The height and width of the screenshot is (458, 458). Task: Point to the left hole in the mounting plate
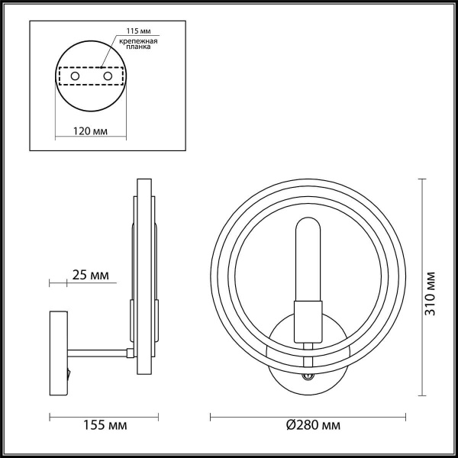(x=75, y=77)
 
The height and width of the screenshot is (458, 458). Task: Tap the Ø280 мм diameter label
(x=309, y=424)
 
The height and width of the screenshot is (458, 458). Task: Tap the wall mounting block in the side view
(x=58, y=347)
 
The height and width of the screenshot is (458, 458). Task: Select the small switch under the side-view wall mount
(x=68, y=374)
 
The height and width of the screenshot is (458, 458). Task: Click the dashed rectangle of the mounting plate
(x=91, y=77)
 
